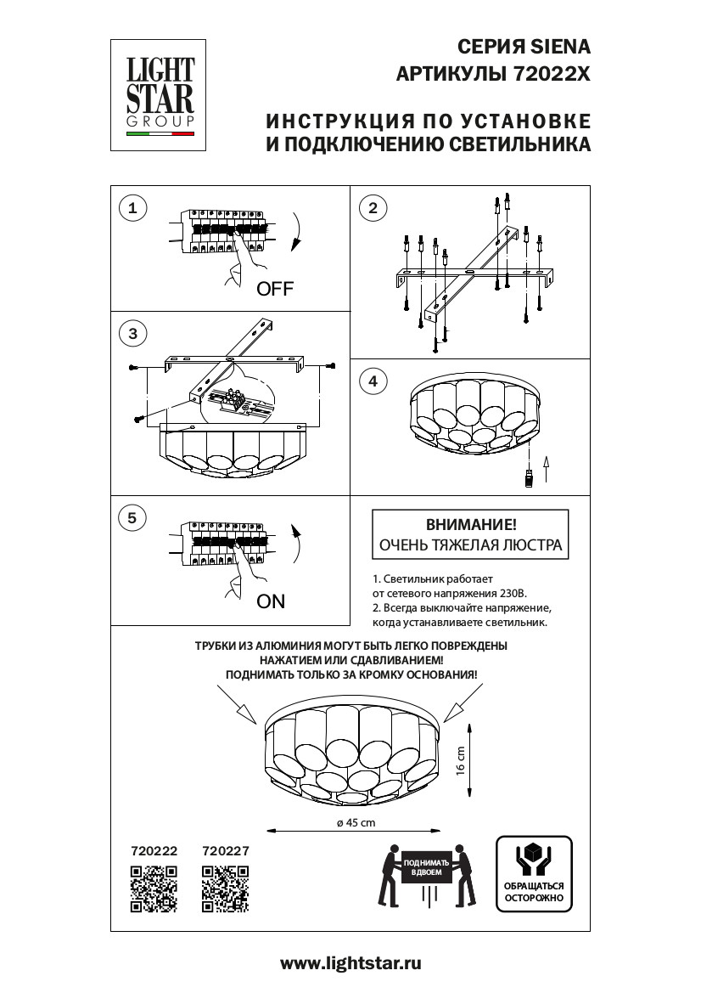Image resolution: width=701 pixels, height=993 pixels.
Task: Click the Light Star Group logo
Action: point(160,93)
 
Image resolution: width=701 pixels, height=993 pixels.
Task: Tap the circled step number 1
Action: point(132,206)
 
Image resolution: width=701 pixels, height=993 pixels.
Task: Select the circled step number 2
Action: point(373,207)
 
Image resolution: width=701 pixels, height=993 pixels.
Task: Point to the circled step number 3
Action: point(132,334)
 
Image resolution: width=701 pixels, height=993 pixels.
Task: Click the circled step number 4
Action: point(373,381)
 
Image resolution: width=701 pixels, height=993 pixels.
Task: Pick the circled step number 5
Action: point(132,517)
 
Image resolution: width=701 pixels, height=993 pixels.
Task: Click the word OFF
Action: point(274,289)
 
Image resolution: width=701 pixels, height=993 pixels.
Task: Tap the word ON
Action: point(271,601)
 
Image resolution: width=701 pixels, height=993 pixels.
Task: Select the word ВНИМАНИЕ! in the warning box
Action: point(469,525)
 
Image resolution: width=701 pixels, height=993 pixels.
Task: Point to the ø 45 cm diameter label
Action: point(350,823)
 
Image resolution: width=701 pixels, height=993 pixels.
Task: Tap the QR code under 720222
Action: point(154,889)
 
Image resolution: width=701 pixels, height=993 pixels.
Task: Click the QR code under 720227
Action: point(225,889)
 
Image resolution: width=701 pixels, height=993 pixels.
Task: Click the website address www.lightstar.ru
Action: point(350,963)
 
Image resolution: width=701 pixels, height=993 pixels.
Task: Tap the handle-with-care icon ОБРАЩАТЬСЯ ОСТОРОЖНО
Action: point(534,873)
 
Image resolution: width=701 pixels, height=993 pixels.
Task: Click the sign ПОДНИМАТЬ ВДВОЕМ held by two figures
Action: point(427,868)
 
